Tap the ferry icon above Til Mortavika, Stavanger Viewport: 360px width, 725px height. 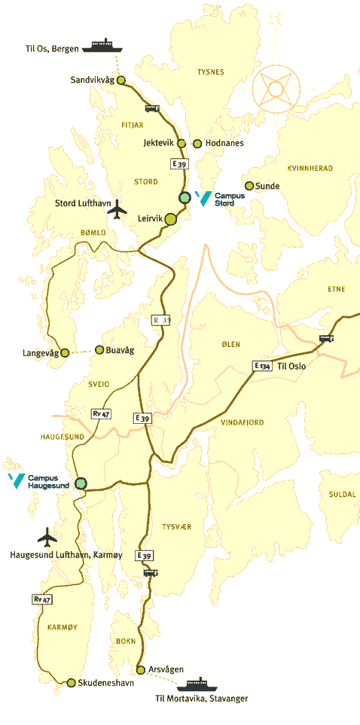coord(197,684)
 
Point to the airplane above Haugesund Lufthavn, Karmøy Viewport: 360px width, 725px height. coord(47,537)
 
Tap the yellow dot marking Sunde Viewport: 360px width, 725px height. coord(249,186)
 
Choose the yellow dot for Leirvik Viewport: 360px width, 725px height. coord(171,219)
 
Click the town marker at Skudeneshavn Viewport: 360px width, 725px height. coord(71,683)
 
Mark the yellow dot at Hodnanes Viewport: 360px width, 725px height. coord(197,143)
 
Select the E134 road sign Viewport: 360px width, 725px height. coord(261,366)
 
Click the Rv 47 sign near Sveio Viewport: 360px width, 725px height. coord(100,414)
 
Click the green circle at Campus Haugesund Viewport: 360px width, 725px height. coord(81,483)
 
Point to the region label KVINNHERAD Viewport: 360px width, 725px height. coord(310,168)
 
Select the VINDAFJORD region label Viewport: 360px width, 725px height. coord(242,422)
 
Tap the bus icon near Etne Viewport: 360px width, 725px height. coord(326,338)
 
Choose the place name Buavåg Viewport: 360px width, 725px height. coord(119,349)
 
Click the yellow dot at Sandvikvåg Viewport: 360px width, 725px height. coord(120,80)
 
